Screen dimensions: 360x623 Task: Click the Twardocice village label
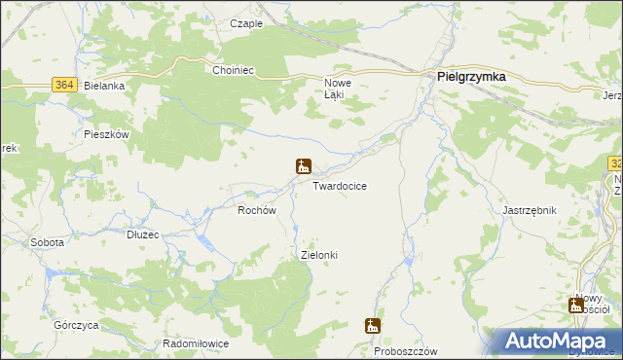click(x=340, y=186)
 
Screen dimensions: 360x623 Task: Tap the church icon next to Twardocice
click(x=304, y=166)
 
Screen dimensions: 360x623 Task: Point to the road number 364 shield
click(x=65, y=85)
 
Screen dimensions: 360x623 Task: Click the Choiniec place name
click(x=233, y=70)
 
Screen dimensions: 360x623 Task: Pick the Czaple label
click(x=246, y=23)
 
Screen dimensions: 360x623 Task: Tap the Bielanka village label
click(x=106, y=86)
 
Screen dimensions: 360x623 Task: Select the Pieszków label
click(x=107, y=134)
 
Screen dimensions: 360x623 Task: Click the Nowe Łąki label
click(x=337, y=89)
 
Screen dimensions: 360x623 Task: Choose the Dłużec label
click(x=143, y=234)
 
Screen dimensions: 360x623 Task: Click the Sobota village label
click(x=47, y=242)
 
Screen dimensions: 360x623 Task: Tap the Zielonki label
click(x=319, y=255)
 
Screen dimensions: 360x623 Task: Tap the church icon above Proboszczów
click(x=373, y=326)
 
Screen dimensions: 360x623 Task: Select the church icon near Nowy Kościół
click(x=577, y=306)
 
